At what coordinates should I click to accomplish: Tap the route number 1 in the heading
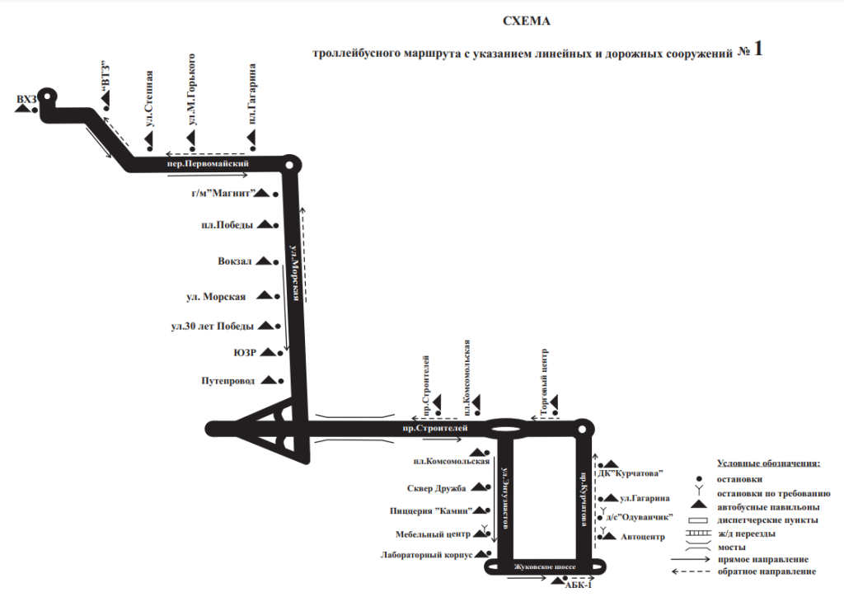(757, 49)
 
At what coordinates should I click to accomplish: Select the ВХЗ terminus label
(26, 100)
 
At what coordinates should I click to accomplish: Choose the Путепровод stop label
(227, 381)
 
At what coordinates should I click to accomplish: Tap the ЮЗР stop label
(246, 352)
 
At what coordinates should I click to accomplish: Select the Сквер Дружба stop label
(437, 488)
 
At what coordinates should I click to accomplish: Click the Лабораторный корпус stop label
(427, 555)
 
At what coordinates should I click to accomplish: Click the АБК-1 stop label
(579, 585)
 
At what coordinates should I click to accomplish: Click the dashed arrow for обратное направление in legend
(692, 571)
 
